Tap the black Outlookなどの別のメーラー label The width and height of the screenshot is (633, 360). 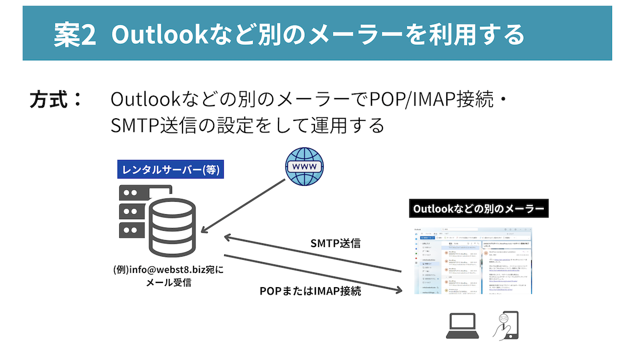pyautogui.click(x=478, y=209)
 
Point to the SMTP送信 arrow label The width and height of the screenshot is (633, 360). pyautogui.click(x=335, y=243)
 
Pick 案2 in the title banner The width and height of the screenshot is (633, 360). pyautogui.click(x=74, y=34)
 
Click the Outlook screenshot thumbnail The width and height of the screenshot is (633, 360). pyautogui.click(x=473, y=260)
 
